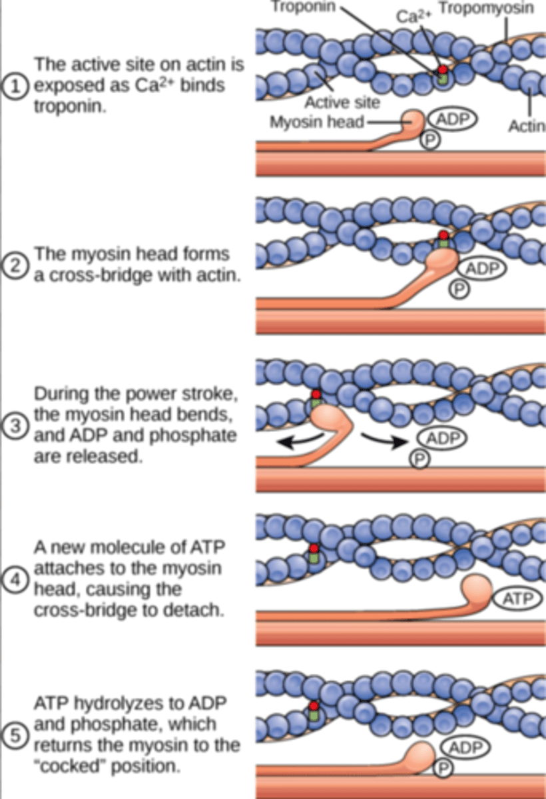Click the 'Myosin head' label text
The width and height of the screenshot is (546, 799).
pos(311,123)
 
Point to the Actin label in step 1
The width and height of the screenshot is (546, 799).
pos(528,127)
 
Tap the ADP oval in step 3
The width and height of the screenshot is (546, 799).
pos(442,438)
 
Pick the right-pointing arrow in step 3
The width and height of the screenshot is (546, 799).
pos(387,441)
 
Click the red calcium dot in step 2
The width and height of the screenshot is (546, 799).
pos(443,234)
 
